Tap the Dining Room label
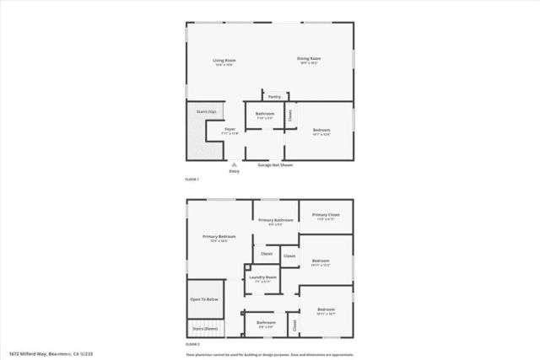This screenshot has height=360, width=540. click(x=309, y=58)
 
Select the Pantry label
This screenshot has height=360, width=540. click(x=275, y=97)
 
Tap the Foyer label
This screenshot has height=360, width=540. click(x=229, y=129)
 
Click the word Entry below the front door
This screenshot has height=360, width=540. click(x=234, y=171)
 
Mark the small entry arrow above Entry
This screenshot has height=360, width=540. click(x=234, y=164)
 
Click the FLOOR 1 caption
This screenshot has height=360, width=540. click(x=193, y=180)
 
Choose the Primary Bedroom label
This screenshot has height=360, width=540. click(x=219, y=237)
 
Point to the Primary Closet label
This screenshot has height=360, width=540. click(x=326, y=215)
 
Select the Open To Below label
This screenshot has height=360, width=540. click(x=204, y=299)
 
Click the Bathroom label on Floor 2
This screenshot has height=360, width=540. click(x=267, y=322)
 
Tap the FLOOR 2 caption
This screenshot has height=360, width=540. click(x=193, y=344)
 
